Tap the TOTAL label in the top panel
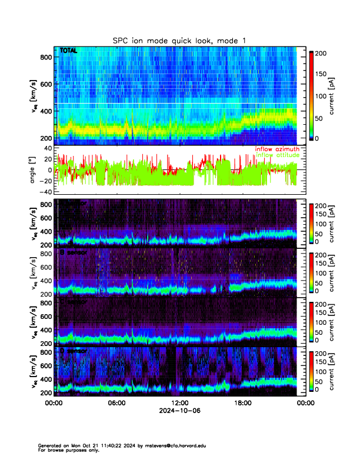pos(68,51)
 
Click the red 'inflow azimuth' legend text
pos(277,149)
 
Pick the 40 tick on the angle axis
pos(48,149)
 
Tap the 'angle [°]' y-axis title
pos(34,170)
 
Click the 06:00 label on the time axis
pos(116,404)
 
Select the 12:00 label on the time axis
pos(179,404)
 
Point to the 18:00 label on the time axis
pos(242,404)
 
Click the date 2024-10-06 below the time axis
pos(179,411)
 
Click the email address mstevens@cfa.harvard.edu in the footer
pos(176,445)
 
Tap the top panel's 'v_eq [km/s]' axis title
pos(34,96)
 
